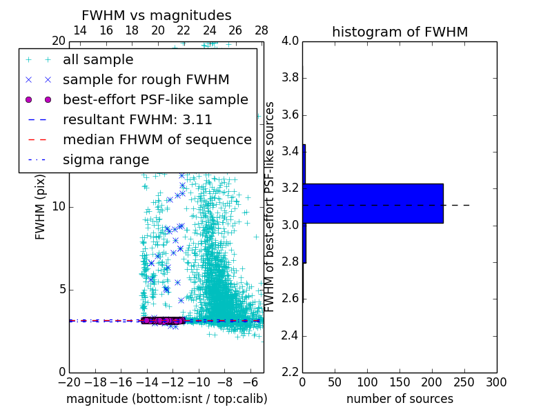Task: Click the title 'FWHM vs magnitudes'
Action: pos(157,15)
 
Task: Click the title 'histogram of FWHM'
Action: pos(400,32)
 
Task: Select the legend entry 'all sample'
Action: pos(98,60)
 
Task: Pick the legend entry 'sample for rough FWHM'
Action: pos(146,79)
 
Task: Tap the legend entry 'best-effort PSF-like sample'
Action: pos(155,99)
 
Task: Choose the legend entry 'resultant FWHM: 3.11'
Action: pos(137,119)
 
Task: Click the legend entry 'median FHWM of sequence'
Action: pos(157,139)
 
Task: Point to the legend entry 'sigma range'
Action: pos(106,159)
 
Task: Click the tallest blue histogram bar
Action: pos(373,204)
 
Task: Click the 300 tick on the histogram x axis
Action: pos(497,382)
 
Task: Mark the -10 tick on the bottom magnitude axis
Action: pos(199,382)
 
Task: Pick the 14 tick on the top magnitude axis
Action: pos(80,30)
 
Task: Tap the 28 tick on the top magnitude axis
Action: pos(262,30)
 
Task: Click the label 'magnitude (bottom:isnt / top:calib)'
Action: pos(166,399)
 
